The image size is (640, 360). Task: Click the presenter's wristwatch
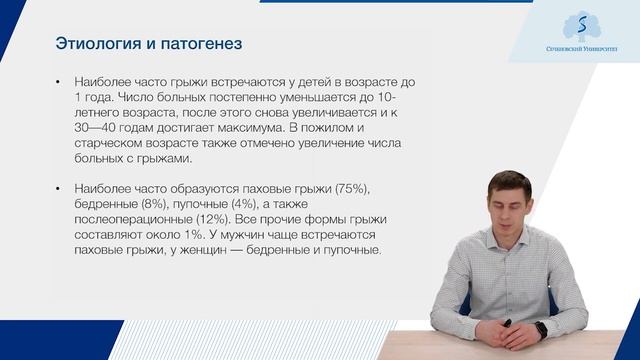tap(541, 327)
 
